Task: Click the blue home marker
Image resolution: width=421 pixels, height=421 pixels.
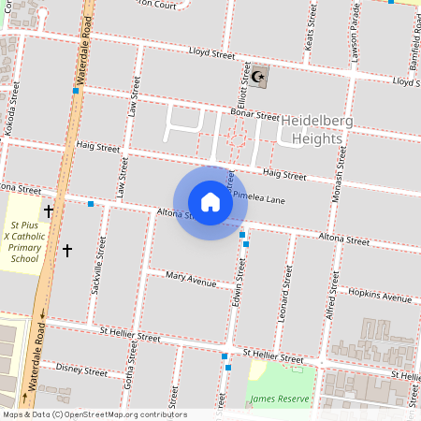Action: (x=210, y=202)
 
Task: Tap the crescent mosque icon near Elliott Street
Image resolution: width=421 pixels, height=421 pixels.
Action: (x=259, y=77)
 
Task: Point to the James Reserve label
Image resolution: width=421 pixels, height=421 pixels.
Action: (x=279, y=399)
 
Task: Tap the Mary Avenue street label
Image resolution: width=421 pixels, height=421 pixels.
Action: (x=191, y=278)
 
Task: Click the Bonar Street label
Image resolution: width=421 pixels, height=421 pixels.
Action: (x=255, y=115)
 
